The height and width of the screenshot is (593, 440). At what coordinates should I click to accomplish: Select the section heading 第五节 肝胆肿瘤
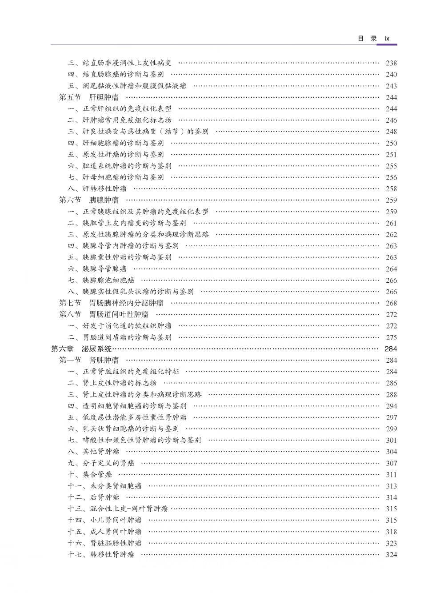point(89,97)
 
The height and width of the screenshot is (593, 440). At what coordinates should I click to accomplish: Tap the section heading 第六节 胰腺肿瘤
point(89,200)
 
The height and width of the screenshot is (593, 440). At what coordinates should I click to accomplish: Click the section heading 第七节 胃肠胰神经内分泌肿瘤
point(111,303)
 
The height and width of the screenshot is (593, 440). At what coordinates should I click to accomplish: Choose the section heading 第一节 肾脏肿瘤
point(89,360)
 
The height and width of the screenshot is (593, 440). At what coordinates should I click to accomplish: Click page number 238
point(391,63)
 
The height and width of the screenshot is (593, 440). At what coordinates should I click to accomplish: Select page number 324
point(391,555)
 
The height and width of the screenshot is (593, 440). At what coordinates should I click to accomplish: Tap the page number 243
point(391,86)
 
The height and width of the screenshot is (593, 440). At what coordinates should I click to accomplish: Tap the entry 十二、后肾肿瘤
point(93,497)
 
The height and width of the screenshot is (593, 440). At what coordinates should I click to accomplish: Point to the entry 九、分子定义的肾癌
point(101,463)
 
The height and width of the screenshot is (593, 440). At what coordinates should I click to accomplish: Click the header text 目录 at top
point(367,39)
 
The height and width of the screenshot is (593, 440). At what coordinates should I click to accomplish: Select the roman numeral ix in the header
point(387,39)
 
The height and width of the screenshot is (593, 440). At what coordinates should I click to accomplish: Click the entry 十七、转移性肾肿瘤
point(101,555)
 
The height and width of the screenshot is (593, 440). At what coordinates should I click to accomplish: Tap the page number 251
point(391,154)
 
